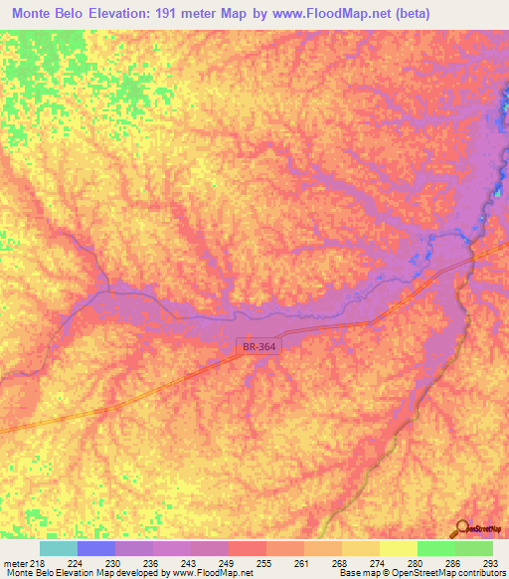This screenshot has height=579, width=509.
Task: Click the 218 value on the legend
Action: tap(36, 562)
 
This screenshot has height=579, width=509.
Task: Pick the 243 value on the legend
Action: tap(173, 562)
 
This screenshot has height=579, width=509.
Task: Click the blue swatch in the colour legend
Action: tap(96, 548)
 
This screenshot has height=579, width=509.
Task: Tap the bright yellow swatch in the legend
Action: tap(399, 548)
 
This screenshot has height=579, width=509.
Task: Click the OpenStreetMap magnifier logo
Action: tap(462, 529)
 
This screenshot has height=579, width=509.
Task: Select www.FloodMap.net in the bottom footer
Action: tap(211, 573)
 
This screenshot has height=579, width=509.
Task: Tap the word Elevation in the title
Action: tap(129, 13)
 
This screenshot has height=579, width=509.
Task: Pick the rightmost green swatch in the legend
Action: tap(474, 548)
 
